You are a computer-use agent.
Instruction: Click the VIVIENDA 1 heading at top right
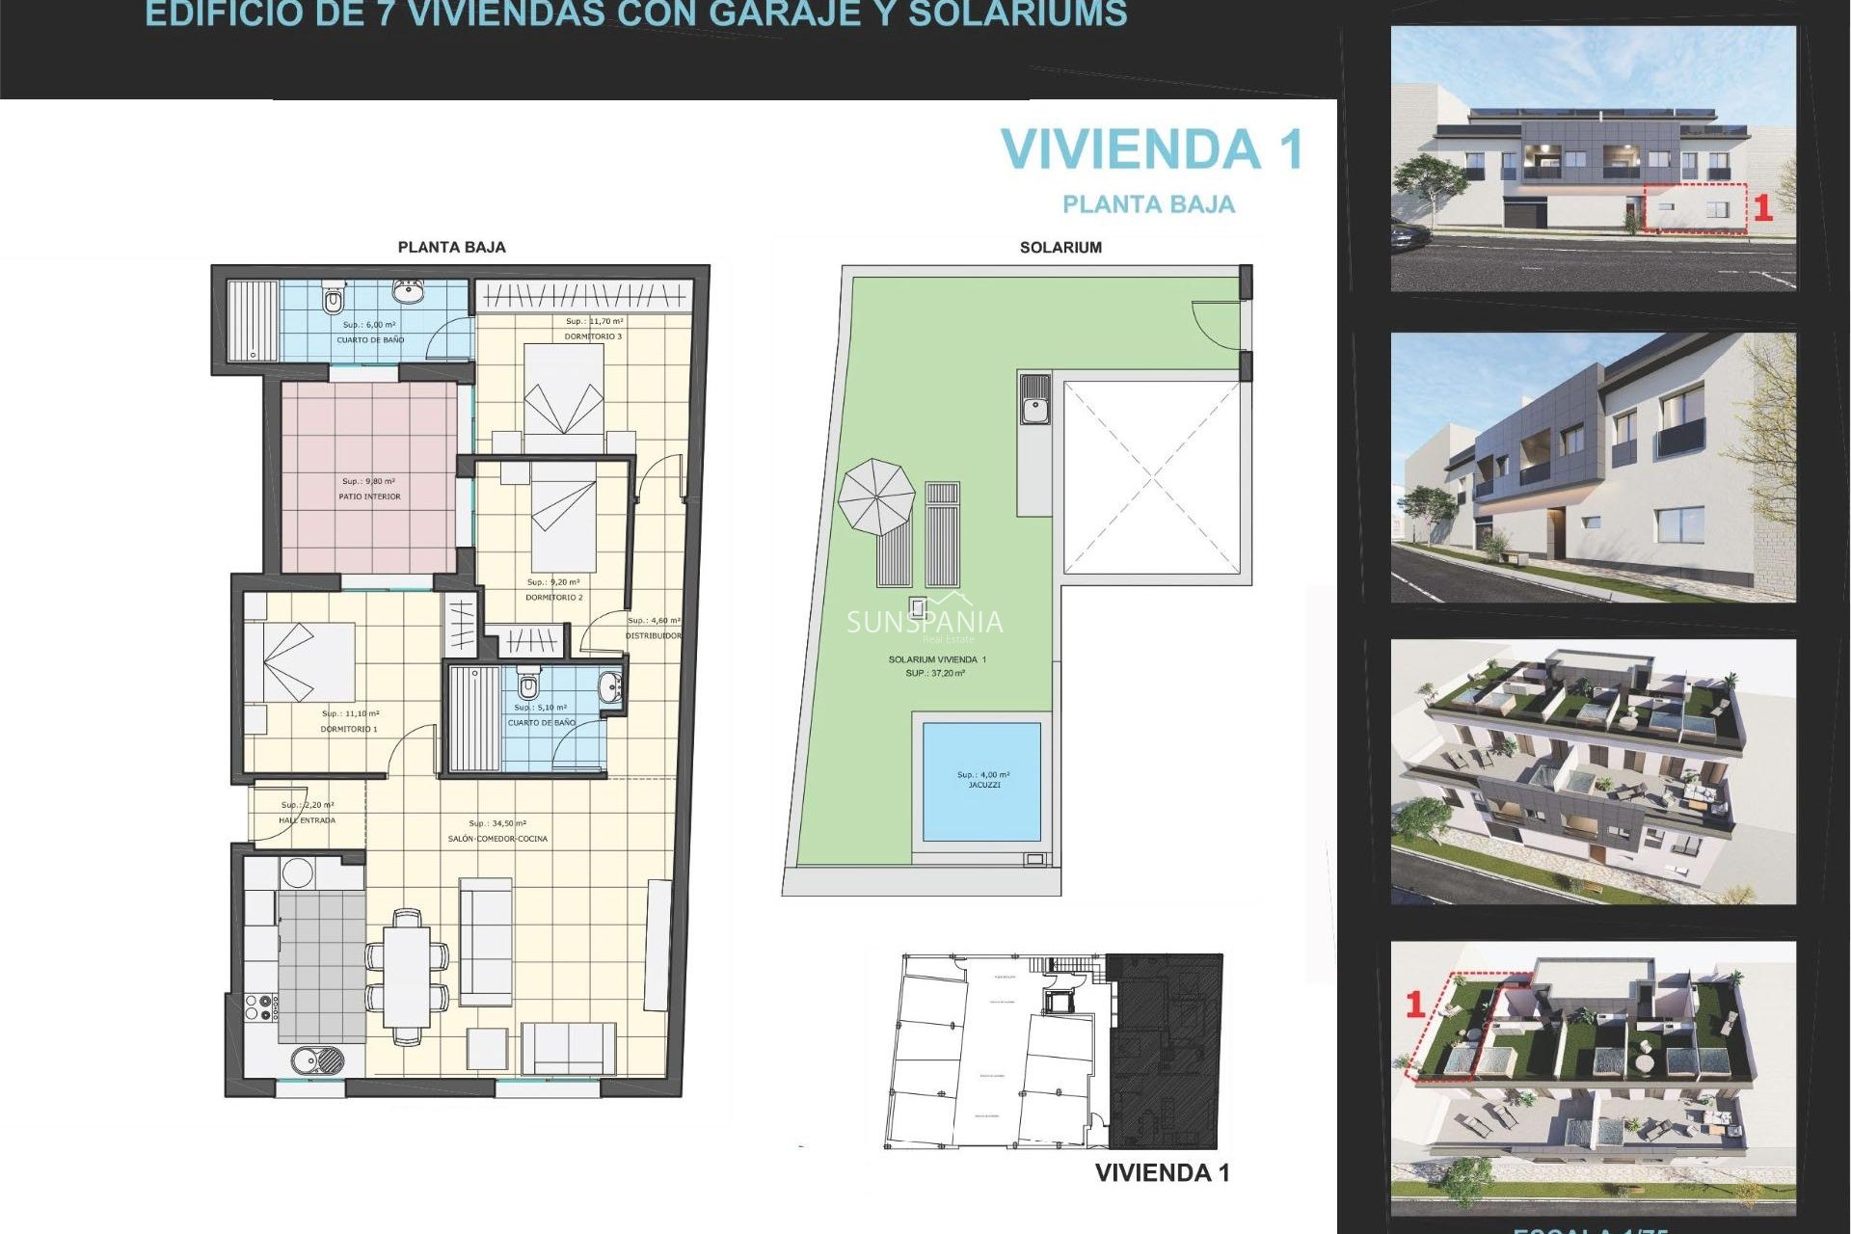(x=1152, y=149)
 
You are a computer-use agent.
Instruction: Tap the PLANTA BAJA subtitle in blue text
(x=1148, y=204)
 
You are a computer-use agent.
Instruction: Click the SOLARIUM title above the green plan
(x=1060, y=248)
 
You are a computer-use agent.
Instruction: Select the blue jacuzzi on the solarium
(x=981, y=781)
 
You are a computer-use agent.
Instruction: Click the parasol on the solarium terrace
(x=875, y=496)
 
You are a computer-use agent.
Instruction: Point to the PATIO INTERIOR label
(x=369, y=496)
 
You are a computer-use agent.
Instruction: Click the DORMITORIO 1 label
(x=349, y=729)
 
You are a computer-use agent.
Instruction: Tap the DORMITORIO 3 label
(x=593, y=336)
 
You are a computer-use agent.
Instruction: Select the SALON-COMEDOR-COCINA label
(x=497, y=839)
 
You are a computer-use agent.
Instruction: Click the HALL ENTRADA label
(x=307, y=820)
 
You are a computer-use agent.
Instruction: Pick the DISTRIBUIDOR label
(x=653, y=635)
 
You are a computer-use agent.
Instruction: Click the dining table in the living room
(x=407, y=976)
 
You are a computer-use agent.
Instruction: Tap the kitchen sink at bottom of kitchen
(x=317, y=1060)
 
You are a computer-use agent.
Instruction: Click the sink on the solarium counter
(x=1035, y=400)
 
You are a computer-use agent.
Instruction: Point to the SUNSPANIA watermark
(x=925, y=623)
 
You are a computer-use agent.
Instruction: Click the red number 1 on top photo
(x=1762, y=208)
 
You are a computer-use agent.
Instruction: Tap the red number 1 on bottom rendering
(x=1415, y=1005)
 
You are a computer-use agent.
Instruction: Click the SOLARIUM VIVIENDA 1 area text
(x=937, y=659)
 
